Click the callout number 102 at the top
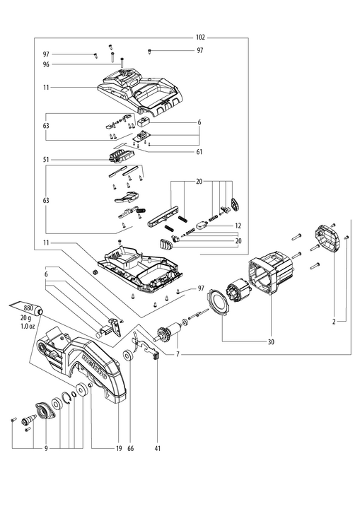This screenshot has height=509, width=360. tap(200, 37)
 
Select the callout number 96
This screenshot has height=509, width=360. tap(46, 64)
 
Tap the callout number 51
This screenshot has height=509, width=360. tap(46, 160)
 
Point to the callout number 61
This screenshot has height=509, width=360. tap(199, 152)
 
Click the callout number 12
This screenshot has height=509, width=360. tap(238, 226)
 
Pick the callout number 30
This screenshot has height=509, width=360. tap(271, 342)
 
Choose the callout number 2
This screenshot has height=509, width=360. tap(334, 322)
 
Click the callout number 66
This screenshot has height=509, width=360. tap(130, 449)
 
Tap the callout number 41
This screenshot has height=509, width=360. tap(158, 449)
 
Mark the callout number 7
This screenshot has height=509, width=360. tap(178, 354)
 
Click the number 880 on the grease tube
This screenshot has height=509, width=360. tap(28, 308)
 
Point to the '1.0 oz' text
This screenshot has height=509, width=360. tap(28, 327)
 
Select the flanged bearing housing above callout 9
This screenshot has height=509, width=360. tap(44, 411)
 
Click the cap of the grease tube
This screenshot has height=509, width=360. tap(41, 312)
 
